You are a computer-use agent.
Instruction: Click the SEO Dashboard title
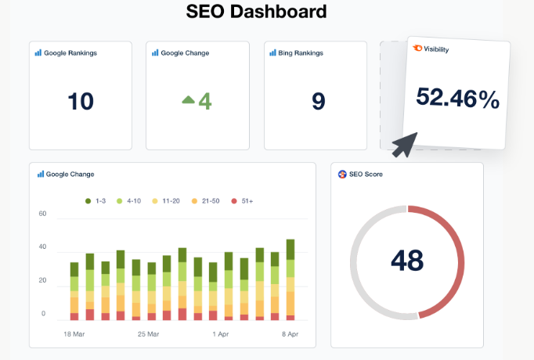tap(256, 12)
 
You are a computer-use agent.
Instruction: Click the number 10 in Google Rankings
tap(80, 101)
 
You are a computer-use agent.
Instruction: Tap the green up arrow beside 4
tap(188, 99)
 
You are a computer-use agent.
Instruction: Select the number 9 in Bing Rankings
tap(318, 101)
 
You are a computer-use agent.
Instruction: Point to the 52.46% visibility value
tap(457, 98)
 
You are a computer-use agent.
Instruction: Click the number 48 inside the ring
tap(407, 261)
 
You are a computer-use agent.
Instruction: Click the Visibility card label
tap(436, 49)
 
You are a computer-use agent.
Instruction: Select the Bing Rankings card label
tap(301, 53)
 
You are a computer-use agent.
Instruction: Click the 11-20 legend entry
tap(169, 201)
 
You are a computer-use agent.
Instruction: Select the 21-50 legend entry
tap(206, 201)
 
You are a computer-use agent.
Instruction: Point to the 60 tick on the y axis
tap(43, 214)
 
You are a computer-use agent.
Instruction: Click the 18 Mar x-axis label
tap(75, 333)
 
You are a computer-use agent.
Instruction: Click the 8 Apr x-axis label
tap(289, 333)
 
